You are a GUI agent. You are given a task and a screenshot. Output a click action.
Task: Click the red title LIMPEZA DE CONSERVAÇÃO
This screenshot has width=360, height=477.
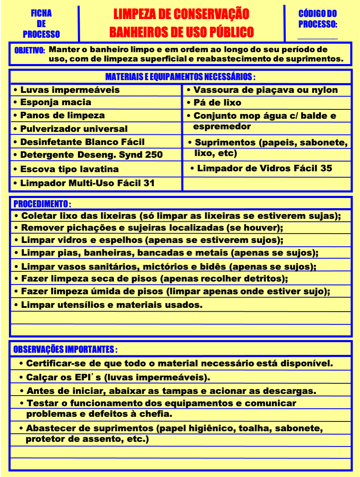point(181,14)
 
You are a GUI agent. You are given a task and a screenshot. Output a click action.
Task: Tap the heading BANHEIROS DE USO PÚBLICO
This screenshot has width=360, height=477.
point(181,32)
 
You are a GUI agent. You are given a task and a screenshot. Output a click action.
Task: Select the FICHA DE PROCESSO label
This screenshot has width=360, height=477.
point(41,24)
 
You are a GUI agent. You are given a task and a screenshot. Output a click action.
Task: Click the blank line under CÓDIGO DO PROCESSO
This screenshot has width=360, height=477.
point(318,37)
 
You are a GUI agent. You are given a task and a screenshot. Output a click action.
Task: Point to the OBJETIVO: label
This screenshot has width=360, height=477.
point(30,50)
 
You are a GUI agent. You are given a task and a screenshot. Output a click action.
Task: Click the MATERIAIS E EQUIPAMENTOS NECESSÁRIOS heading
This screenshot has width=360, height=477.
point(180,77)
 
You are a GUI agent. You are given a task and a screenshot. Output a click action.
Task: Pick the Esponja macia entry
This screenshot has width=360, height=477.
point(56,102)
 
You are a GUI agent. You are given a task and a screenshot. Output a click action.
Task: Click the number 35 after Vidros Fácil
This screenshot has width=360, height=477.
point(326,168)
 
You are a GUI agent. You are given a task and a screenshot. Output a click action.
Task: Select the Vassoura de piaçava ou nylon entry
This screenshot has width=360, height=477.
point(265,90)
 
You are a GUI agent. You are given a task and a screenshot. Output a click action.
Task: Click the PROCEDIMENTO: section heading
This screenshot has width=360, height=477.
point(42,204)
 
